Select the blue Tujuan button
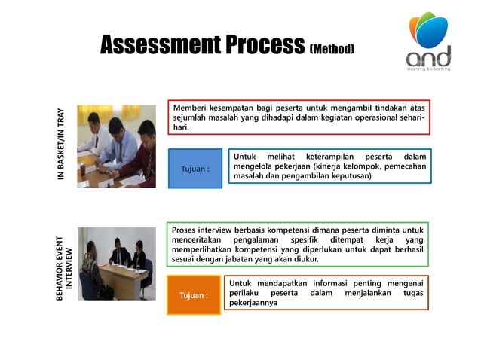pos(195,168)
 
